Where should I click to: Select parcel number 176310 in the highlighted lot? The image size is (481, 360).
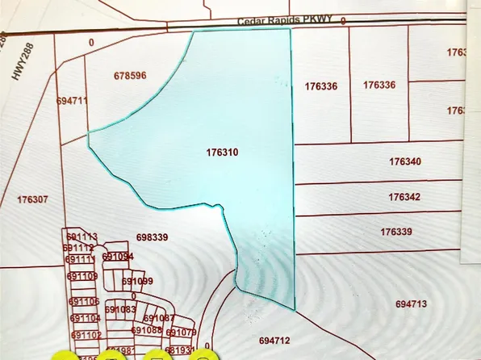point(223,152)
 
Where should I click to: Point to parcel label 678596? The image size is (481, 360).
point(130,76)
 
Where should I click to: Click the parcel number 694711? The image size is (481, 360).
point(73,102)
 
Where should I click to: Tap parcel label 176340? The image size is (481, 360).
point(404,162)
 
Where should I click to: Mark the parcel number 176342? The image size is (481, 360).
point(404,197)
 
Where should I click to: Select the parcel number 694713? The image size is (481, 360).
point(412,304)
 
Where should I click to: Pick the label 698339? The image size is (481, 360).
point(153,238)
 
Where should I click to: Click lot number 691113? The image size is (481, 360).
point(82,237)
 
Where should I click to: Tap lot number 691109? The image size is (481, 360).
point(82,276)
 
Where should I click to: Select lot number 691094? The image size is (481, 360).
point(118,257)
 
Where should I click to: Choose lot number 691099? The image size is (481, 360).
point(137,281)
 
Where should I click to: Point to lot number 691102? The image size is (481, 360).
point(86,335)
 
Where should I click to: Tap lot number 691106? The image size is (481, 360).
point(84,302)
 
